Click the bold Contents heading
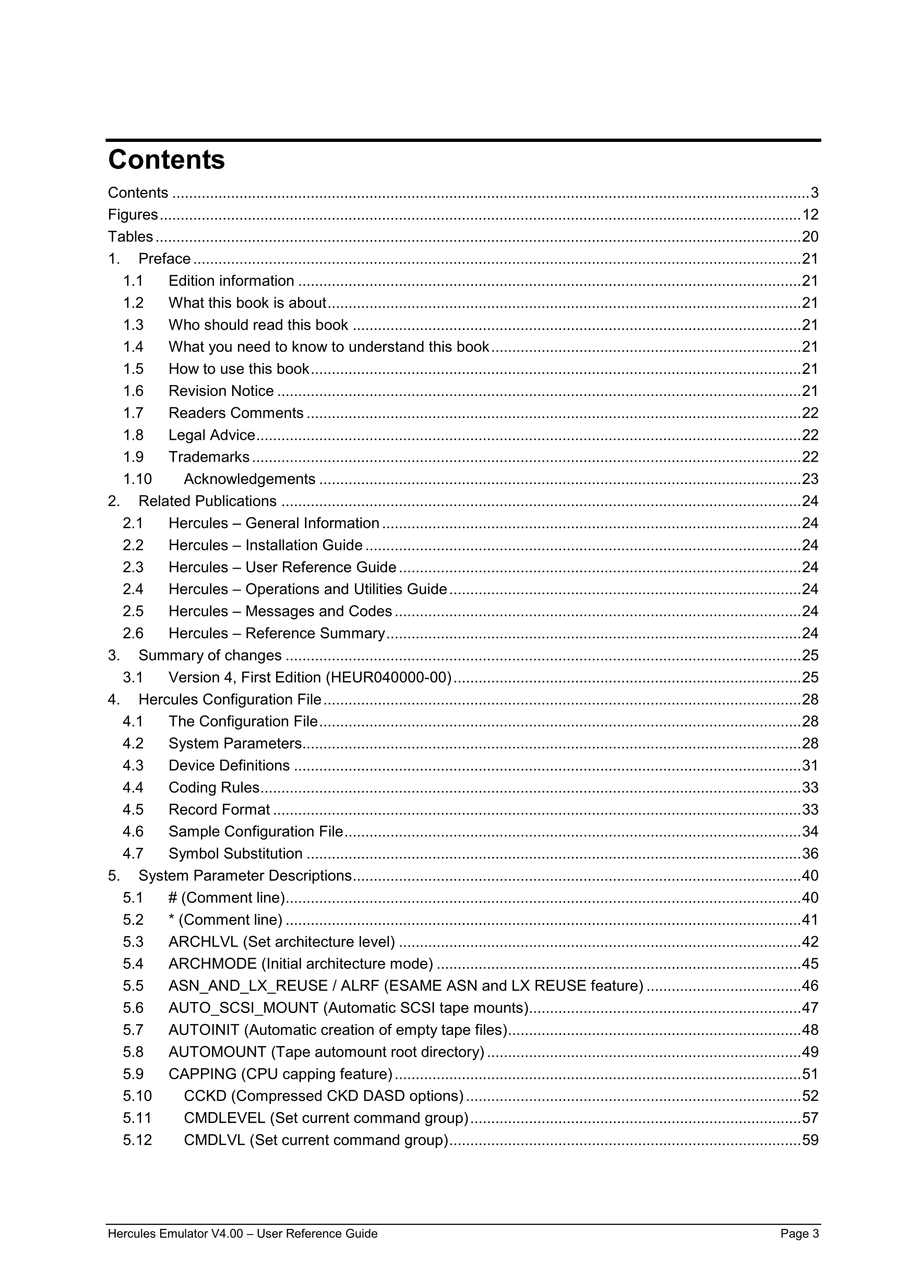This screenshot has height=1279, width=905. (x=166, y=160)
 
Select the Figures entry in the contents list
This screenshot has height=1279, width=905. (x=133, y=214)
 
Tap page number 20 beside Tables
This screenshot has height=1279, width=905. (x=809, y=237)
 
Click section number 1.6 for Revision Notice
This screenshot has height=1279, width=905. (x=133, y=391)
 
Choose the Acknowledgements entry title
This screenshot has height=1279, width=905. (x=249, y=479)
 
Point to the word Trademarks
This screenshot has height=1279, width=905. (x=209, y=457)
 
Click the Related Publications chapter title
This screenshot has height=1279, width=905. (x=207, y=501)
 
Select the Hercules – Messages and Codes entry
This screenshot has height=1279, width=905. (x=280, y=611)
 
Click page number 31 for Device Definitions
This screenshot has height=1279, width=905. (x=809, y=765)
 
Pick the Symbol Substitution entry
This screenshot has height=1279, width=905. (x=235, y=853)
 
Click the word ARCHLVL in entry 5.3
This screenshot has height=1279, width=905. (x=203, y=942)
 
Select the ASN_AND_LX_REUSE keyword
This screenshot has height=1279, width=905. (x=248, y=986)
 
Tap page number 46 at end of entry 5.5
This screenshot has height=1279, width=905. (x=809, y=986)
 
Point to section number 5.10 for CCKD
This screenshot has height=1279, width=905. (x=137, y=1096)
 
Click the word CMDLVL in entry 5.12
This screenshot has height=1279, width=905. (x=214, y=1140)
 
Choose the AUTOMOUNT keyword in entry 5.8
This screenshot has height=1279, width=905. (x=217, y=1052)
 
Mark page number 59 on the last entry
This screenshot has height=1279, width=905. (x=809, y=1140)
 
